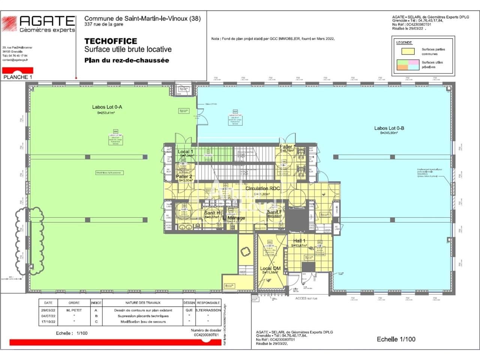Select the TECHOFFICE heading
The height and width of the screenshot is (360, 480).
(111, 41)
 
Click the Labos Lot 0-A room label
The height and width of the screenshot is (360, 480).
(107, 107)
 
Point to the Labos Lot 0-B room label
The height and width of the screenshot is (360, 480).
(389, 128)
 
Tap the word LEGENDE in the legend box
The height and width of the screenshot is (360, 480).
(404, 42)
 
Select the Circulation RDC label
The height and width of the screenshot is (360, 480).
(262, 188)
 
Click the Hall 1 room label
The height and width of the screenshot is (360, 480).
(299, 241)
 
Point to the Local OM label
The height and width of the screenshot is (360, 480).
(270, 268)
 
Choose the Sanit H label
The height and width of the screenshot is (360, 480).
(212, 213)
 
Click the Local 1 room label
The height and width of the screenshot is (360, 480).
(185, 152)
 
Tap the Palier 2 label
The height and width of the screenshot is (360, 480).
(184, 176)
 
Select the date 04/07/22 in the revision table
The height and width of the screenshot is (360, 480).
(48, 316)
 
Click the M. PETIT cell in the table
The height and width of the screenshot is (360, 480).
(74, 310)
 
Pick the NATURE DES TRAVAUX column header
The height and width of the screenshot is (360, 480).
(143, 303)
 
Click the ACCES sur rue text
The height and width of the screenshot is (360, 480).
(306, 298)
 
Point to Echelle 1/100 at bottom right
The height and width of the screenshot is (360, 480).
(396, 339)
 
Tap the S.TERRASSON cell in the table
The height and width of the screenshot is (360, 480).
(208, 310)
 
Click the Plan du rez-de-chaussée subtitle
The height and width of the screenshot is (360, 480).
(127, 60)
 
